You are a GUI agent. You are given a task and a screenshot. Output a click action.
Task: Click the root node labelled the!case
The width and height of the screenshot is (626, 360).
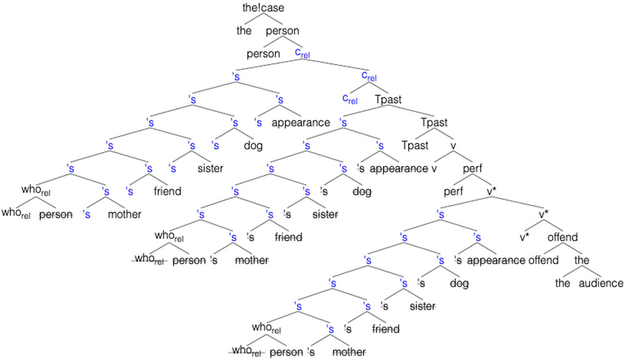point(263,8)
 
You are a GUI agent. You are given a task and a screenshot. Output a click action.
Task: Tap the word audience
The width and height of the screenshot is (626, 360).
point(601,283)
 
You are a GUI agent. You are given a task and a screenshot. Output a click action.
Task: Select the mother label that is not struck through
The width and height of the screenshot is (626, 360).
point(124,214)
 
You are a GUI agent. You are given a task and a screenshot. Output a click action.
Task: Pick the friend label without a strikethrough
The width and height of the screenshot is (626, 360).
point(167,191)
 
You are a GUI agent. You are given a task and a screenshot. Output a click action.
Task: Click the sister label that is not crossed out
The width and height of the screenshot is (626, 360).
point(210,168)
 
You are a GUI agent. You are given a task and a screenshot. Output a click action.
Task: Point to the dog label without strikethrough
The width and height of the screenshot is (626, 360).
point(253,145)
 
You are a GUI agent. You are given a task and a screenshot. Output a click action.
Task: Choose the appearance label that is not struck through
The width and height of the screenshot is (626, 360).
point(300,122)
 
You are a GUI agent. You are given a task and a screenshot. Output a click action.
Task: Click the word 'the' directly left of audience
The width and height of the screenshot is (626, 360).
point(562,283)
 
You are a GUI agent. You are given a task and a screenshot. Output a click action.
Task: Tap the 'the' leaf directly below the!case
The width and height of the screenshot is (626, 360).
point(244,30)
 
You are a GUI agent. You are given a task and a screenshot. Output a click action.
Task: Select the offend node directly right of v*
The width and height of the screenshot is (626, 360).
point(562,237)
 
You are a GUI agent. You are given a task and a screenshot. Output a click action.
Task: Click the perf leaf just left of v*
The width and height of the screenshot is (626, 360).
point(453,191)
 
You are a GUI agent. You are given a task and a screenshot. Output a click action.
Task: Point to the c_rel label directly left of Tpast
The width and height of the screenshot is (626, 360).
point(350,99)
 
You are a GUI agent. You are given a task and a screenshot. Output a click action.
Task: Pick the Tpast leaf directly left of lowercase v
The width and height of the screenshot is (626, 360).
point(415,145)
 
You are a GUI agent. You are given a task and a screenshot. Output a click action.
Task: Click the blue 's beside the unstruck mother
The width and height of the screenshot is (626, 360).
point(86,214)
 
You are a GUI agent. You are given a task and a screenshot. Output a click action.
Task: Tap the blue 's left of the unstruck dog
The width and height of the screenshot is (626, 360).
point(215,145)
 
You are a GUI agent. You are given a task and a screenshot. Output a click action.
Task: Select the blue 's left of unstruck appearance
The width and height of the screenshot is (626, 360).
point(258,122)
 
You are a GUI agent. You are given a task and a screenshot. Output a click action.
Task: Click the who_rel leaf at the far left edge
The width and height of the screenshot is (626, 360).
point(16,213)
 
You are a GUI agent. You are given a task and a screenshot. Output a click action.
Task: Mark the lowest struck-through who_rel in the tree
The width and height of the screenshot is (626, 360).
point(247,351)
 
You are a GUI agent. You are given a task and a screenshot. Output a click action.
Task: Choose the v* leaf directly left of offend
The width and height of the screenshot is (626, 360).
point(524,237)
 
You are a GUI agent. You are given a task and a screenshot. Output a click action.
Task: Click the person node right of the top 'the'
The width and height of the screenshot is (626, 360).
point(283,31)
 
